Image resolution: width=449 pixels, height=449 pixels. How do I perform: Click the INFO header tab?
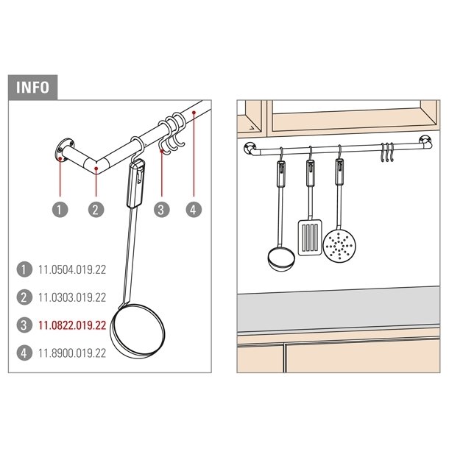point(32,88)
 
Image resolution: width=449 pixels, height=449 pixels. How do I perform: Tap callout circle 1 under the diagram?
point(60,209)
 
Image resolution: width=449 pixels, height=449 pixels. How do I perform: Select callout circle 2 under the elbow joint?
point(96,209)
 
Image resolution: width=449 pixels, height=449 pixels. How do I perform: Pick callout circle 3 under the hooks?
point(162,209)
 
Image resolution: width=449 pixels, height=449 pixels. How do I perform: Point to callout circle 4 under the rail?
point(194,209)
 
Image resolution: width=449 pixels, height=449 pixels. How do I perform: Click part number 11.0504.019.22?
point(72,269)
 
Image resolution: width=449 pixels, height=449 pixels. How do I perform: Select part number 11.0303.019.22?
point(72,297)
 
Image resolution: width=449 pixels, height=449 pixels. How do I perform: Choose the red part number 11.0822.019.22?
point(72,325)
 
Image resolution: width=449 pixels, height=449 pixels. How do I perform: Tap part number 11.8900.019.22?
point(72,353)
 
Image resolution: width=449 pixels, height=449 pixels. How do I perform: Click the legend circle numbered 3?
point(24,325)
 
